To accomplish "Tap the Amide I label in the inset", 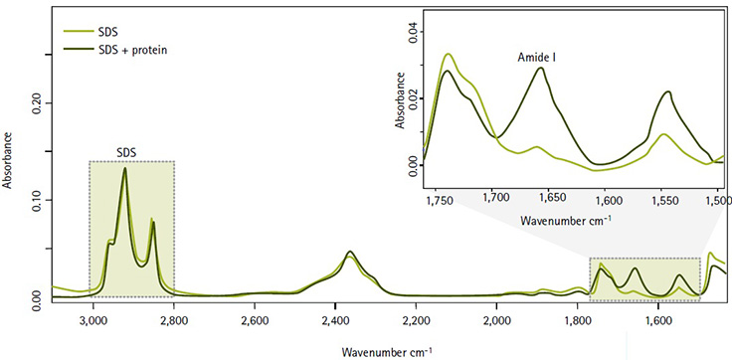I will [538, 58].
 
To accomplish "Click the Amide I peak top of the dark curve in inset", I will [541, 68].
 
